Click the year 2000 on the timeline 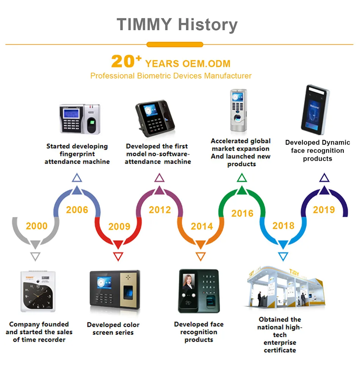[37, 226]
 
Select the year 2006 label [77, 210]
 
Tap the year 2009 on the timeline [119, 227]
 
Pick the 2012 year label [160, 210]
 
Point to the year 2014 [202, 227]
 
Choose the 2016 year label [242, 213]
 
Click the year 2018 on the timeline [283, 226]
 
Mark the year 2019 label [324, 210]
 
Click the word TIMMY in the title [144, 25]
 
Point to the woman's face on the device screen [188, 282]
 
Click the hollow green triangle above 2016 [242, 178]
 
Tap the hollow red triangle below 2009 [118, 257]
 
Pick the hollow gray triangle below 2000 [35, 257]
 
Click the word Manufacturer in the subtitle [228, 76]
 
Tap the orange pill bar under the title [175, 45]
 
